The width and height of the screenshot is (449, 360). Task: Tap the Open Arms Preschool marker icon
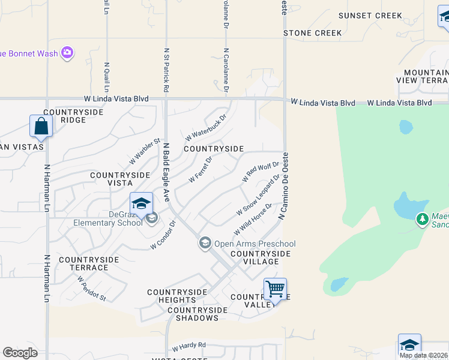click(205, 242)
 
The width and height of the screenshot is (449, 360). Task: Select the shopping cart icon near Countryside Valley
click(275, 290)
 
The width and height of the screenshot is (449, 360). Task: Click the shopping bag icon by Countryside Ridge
click(41, 126)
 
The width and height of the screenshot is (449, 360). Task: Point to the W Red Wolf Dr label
click(261, 172)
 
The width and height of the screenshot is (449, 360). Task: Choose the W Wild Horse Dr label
click(253, 218)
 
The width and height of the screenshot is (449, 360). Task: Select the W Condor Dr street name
click(163, 236)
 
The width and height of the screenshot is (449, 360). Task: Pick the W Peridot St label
click(91, 288)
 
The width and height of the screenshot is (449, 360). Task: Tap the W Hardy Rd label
click(188, 346)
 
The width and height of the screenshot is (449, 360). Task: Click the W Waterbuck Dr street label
click(205, 127)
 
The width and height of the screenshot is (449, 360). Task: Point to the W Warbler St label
click(145, 152)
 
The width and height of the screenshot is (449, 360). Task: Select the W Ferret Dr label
click(200, 170)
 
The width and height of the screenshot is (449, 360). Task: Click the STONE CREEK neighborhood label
click(312, 33)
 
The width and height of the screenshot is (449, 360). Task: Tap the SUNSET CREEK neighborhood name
click(370, 16)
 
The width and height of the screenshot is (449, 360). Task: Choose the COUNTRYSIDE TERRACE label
click(89, 264)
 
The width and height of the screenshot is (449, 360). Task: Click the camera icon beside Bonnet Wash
click(67, 53)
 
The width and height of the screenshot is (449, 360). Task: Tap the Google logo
click(20, 353)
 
